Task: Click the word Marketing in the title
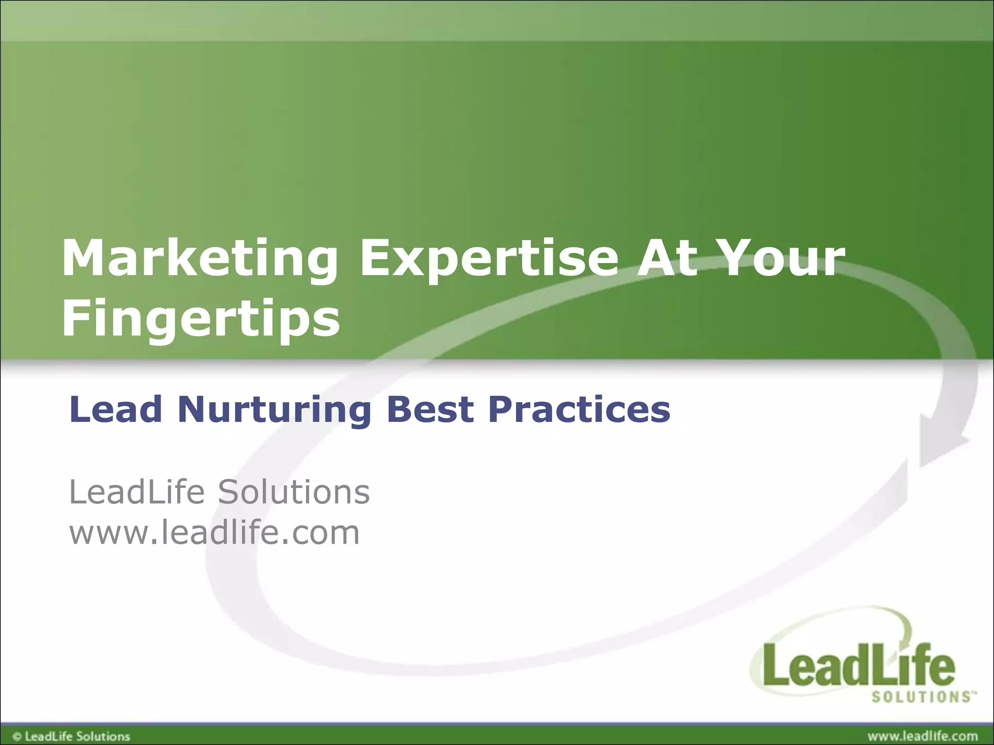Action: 199,259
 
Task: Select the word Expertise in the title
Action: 488,259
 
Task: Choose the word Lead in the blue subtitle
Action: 116,409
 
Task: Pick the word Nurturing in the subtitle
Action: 274,410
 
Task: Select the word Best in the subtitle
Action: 430,409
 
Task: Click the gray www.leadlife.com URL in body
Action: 215,533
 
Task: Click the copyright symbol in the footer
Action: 17,736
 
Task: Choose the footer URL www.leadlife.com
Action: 922,736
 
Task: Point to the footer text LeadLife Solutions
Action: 78,736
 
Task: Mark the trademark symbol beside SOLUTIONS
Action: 973,694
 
